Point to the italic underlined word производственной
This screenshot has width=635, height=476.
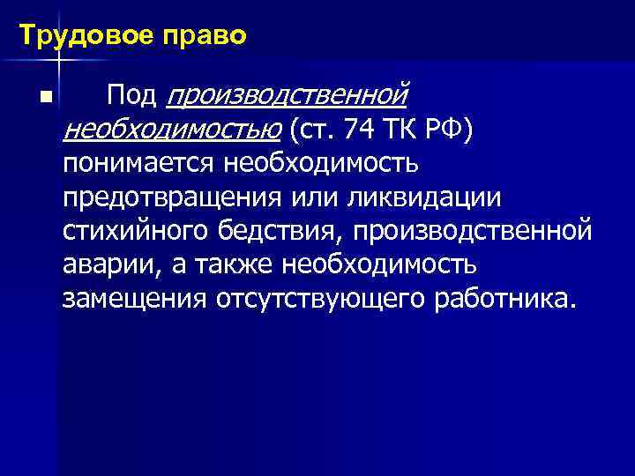click(287, 94)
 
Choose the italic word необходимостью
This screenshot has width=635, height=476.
click(171, 131)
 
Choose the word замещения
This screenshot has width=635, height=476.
click(132, 299)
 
